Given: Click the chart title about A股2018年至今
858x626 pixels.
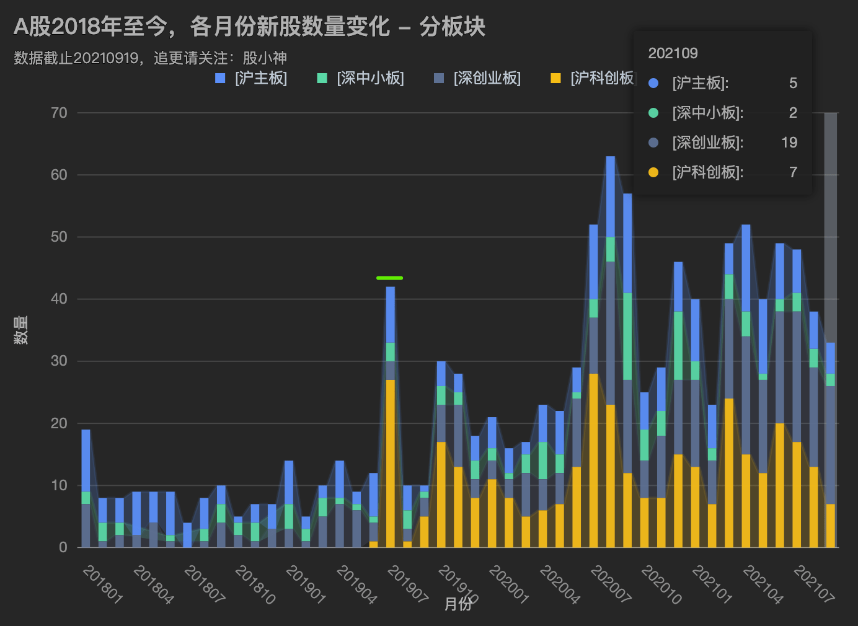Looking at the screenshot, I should [249, 27].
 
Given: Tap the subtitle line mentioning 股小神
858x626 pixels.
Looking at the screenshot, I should [150, 58].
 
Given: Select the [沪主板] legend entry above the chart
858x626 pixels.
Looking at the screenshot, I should [252, 78].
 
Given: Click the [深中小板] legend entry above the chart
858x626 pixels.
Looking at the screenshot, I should [361, 78].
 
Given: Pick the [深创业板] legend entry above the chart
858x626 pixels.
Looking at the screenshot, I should [477, 78].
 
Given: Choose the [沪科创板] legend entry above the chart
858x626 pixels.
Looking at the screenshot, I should [593, 78].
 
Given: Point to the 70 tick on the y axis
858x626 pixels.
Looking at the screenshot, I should [60, 113].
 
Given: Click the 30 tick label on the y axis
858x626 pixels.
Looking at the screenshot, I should [60, 361].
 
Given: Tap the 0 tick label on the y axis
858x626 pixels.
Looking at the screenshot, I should [63, 547].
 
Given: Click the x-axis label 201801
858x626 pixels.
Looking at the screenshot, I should [103, 584].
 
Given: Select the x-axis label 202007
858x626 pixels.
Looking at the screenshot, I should [611, 584].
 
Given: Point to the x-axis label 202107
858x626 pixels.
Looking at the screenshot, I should [814, 584].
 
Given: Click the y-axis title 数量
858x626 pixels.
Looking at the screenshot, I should [21, 330].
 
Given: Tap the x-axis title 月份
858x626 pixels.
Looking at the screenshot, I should [458, 604].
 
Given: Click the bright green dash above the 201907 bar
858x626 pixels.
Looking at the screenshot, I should [389, 278].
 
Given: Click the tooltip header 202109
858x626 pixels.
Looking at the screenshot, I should [673, 53].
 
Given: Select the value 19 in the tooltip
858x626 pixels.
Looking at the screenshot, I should [789, 143].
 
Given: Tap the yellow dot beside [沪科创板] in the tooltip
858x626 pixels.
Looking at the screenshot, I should [653, 172].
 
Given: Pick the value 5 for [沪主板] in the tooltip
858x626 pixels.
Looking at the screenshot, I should [793, 83].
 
